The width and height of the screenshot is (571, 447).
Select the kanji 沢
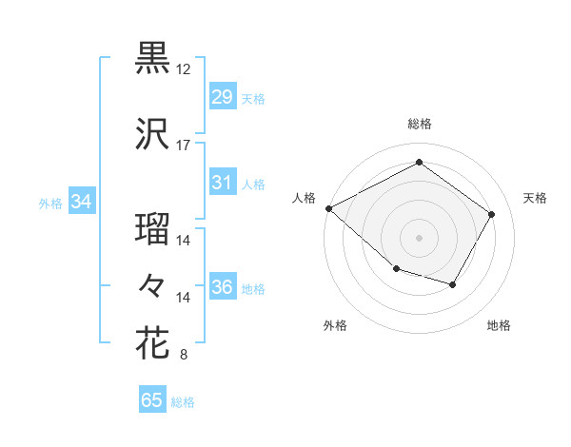point(152,134)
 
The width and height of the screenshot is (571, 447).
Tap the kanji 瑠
point(152,229)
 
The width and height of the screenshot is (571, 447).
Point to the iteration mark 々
point(152,284)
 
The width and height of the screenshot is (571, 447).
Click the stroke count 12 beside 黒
point(184,70)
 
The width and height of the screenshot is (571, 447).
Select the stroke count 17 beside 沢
point(184,146)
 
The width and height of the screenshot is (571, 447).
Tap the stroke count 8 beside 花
point(184,356)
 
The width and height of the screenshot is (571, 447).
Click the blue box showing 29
point(222,97)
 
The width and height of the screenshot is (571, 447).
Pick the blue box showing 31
point(222,183)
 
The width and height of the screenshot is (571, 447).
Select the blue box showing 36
point(222,287)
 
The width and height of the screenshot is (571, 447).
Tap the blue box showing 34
point(81,202)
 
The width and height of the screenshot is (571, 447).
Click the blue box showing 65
point(151,400)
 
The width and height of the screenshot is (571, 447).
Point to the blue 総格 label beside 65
point(183,402)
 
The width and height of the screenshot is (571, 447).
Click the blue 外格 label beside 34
point(50,203)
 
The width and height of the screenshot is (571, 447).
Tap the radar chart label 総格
point(419,124)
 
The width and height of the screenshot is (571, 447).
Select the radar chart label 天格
point(535,198)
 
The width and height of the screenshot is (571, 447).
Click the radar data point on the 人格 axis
point(328,208)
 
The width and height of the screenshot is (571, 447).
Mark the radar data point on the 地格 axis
point(453,285)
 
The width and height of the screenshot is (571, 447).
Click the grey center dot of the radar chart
point(419,238)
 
